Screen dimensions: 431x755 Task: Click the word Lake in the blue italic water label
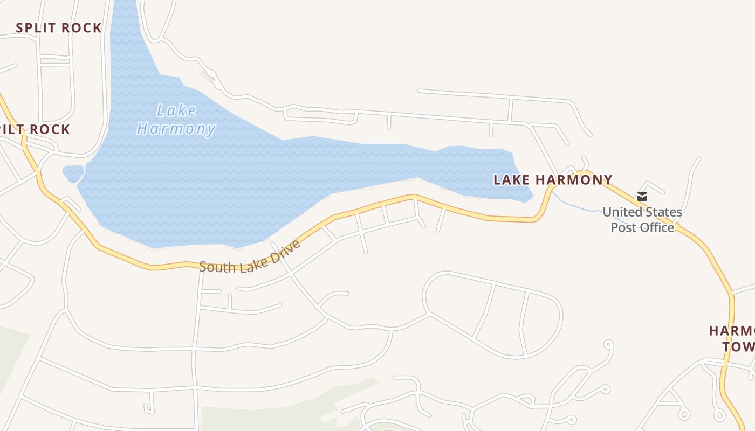(176, 110)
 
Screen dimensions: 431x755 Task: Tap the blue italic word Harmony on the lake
(176, 129)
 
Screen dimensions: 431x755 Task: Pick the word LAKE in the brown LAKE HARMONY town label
(510, 180)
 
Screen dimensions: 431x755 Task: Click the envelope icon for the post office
(642, 197)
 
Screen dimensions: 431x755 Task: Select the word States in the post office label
(663, 212)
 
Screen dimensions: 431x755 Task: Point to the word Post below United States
(623, 227)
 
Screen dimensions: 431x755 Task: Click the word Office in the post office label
(657, 227)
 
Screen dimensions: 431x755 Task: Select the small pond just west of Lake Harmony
(73, 173)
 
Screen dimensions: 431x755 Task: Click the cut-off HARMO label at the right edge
(731, 331)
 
